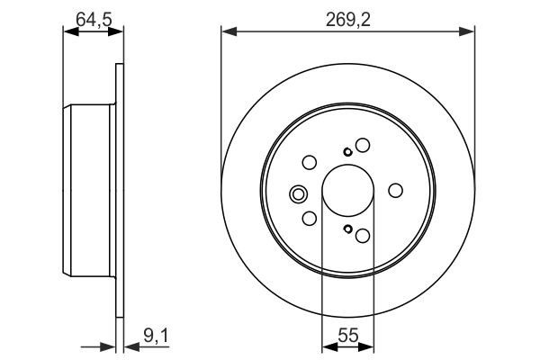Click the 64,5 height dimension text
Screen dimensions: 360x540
tap(92, 18)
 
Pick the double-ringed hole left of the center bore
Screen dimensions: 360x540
tap(298, 192)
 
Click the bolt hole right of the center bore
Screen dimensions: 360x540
tap(395, 191)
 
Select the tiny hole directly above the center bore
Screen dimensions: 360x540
tap(347, 151)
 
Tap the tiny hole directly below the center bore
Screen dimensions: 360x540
tap(347, 229)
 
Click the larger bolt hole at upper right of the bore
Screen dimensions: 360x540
tap(363, 145)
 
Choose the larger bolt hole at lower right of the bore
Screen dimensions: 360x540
tap(363, 236)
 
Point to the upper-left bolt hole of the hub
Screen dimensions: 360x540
tap(309, 163)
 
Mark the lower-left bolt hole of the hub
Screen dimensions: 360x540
tap(309, 219)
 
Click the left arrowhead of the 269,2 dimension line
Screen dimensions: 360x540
tap(227, 32)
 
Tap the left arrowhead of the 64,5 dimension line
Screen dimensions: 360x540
tap(67, 32)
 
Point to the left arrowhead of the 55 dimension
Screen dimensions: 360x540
tap(327, 346)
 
